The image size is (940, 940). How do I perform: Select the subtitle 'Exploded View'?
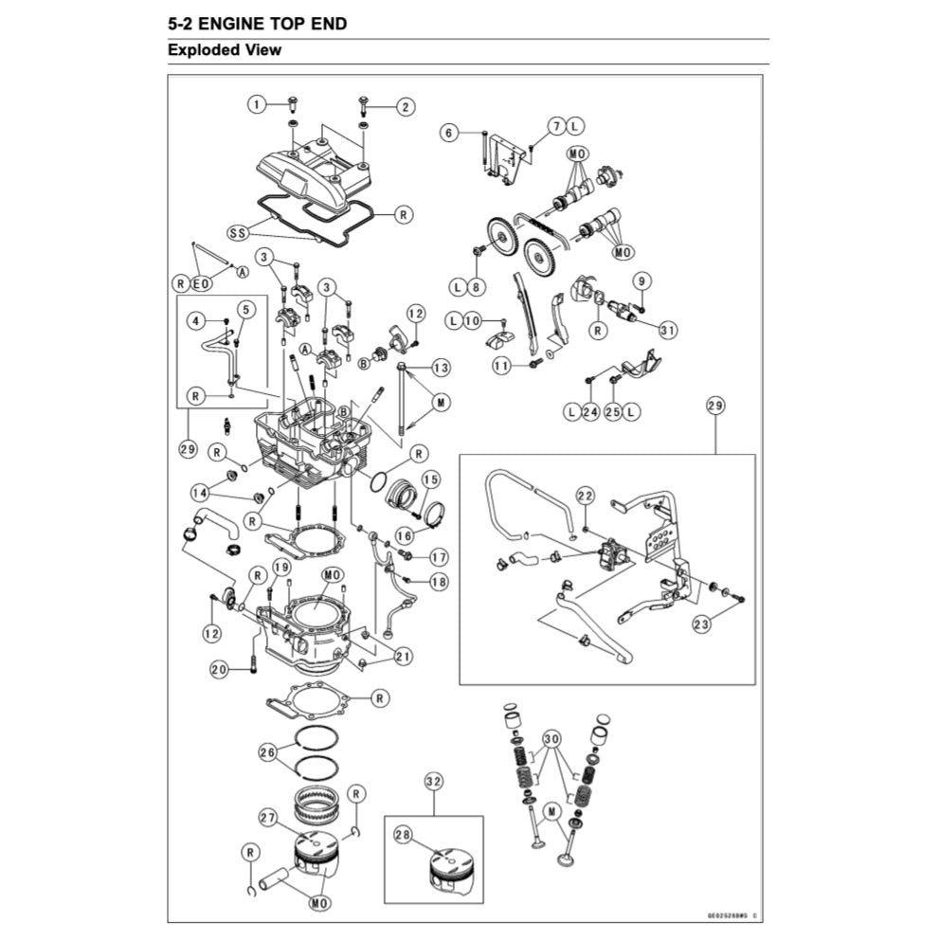pos(225,50)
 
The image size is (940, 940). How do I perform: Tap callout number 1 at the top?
pos(257,105)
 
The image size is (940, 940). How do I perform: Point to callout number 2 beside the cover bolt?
pos(405,107)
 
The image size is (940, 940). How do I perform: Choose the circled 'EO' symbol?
pos(200,283)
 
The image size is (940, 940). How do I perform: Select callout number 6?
pos(449,134)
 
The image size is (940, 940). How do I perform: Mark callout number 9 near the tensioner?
pos(642,280)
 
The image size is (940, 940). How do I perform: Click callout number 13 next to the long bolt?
pos(442,367)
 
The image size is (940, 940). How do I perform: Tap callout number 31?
pos(669,331)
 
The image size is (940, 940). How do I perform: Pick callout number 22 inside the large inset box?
pos(585,496)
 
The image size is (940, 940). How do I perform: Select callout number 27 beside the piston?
pos(268,819)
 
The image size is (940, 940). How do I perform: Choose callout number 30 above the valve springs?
pos(551,738)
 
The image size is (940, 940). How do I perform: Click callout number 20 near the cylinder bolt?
pos(219,670)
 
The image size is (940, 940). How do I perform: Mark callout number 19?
pos(280,567)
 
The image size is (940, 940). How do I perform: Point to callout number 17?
pos(438,556)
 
